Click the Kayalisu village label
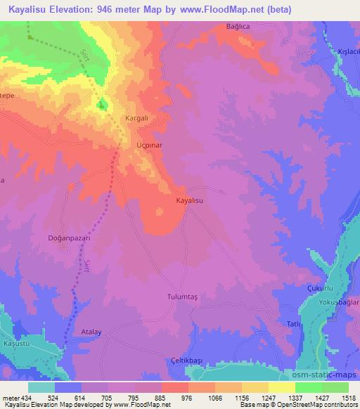189,200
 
